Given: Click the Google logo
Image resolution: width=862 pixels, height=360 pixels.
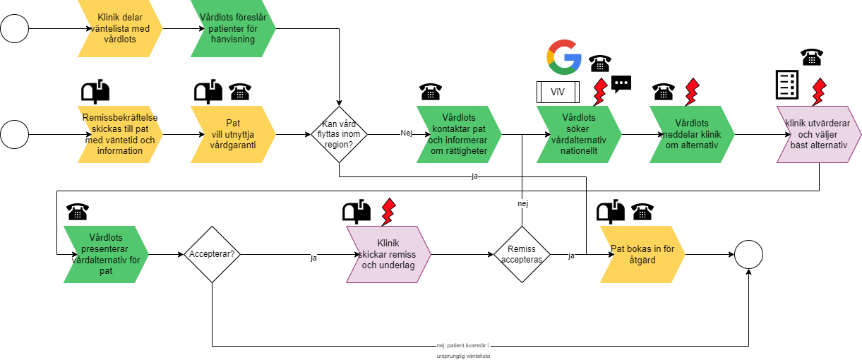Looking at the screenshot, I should [x=564, y=58].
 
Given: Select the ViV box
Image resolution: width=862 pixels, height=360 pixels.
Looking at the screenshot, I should [x=557, y=92].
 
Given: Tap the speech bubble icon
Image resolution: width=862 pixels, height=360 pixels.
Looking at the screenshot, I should [x=621, y=84].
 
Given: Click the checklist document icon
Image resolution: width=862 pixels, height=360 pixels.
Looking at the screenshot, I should [x=786, y=85].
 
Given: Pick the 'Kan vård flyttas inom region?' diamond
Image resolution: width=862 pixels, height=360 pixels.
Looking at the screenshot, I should [x=340, y=133].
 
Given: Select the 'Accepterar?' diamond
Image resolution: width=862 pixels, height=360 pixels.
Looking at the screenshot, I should [x=212, y=254].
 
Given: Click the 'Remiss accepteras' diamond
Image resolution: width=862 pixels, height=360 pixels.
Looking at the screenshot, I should [x=522, y=254].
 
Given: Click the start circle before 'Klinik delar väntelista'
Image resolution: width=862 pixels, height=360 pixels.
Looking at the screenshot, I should [x=15, y=29].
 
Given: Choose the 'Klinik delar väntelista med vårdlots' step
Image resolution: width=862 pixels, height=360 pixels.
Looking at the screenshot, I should [x=120, y=29].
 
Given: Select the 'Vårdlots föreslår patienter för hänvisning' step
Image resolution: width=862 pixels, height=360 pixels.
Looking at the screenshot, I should [x=233, y=29].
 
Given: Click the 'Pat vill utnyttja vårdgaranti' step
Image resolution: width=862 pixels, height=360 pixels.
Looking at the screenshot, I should [x=233, y=133].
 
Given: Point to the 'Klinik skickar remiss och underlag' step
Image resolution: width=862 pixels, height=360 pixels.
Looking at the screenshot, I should [x=388, y=254].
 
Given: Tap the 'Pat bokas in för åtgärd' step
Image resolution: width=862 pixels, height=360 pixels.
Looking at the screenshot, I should [x=642, y=254].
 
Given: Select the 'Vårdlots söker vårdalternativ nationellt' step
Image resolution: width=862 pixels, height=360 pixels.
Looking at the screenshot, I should [x=579, y=133].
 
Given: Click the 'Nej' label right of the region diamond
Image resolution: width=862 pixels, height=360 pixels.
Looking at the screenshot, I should [x=406, y=133].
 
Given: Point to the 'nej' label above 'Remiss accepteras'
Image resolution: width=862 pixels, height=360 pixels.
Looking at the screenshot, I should [x=522, y=203].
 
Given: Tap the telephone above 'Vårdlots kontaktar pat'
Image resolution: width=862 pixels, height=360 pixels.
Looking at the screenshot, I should [x=431, y=91].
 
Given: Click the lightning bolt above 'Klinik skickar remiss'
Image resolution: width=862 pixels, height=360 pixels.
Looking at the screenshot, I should [x=388, y=210].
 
